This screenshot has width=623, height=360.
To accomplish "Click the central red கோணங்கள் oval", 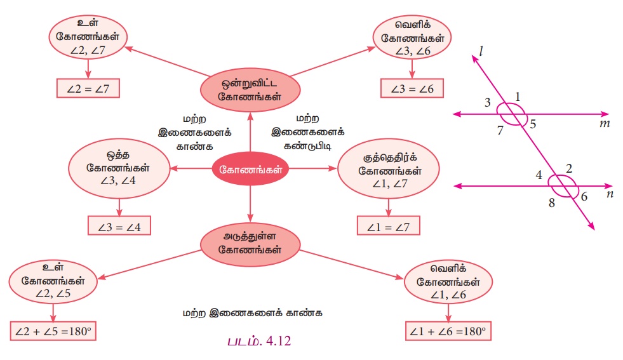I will click(x=250, y=170).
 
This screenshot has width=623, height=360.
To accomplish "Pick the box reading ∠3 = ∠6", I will click(x=412, y=88).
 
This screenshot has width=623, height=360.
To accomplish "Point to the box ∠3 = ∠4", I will click(x=119, y=225).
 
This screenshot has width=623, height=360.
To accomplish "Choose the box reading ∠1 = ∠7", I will click(x=389, y=225).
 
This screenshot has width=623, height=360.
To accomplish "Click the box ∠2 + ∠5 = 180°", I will click(x=53, y=332).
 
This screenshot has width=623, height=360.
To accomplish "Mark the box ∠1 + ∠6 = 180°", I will click(x=448, y=331).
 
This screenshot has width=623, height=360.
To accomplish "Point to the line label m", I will click(x=604, y=123).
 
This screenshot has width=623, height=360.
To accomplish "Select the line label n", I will click(x=610, y=194).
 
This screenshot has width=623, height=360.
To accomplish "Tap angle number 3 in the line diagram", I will click(x=488, y=102).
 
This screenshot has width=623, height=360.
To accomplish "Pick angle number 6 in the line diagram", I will click(x=584, y=197).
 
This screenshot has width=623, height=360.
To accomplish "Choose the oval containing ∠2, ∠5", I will click(x=53, y=282).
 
